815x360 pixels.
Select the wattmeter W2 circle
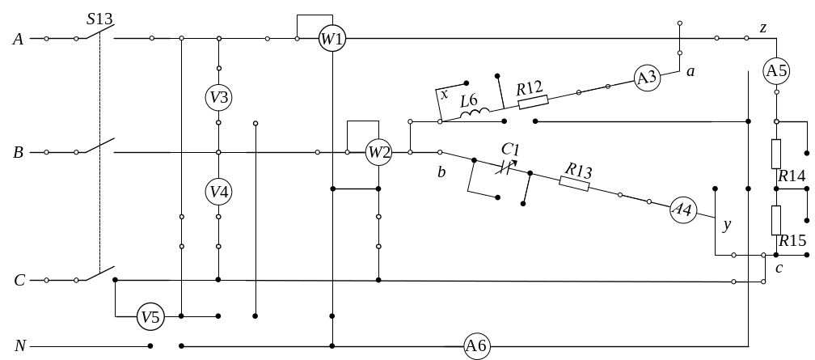378,152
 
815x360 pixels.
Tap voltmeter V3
218,97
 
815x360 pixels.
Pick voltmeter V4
218,192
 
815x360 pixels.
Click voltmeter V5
150,317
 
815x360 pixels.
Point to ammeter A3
646,78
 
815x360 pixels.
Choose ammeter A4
683,210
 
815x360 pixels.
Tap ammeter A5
776,70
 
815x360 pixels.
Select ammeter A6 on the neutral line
476,346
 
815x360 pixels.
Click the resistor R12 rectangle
532,101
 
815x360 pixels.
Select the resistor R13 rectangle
575,182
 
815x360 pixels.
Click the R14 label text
792,176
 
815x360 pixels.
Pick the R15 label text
793,240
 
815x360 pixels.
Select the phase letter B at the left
18,152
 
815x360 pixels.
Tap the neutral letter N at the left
21,346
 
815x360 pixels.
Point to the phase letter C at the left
19,281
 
